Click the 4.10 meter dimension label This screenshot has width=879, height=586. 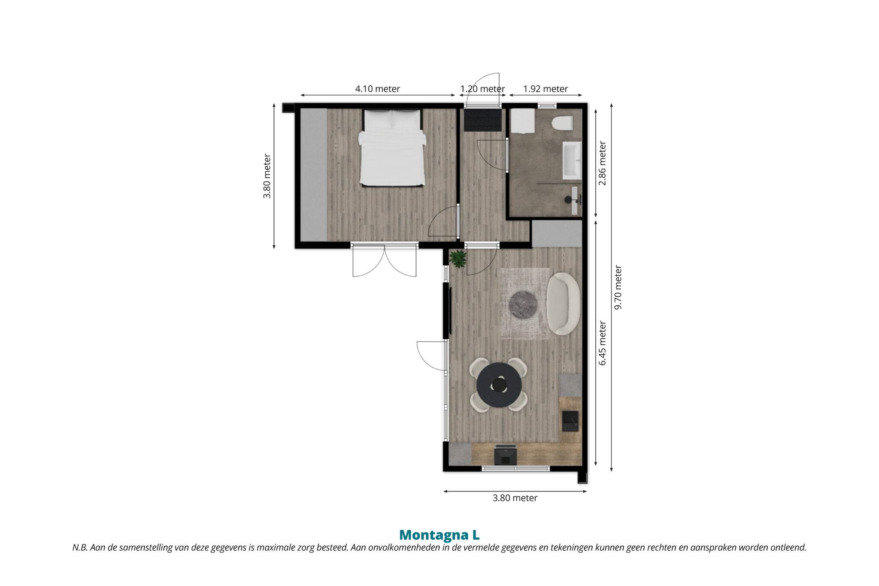[377, 89]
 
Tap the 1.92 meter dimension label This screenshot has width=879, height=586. [546, 89]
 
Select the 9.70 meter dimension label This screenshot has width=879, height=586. [618, 287]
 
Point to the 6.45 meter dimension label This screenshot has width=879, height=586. [603, 343]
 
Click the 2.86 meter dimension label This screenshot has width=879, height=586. [603, 163]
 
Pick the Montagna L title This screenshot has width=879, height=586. [439, 535]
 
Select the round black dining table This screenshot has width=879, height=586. [499, 385]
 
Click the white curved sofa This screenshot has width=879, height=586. [564, 304]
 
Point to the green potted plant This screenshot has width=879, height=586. [458, 259]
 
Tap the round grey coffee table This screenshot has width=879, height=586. [523, 305]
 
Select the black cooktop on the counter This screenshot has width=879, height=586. [505, 455]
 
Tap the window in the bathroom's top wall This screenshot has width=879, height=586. [547, 105]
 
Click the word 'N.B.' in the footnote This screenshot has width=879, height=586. [80, 548]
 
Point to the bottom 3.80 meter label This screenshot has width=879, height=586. [515, 498]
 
